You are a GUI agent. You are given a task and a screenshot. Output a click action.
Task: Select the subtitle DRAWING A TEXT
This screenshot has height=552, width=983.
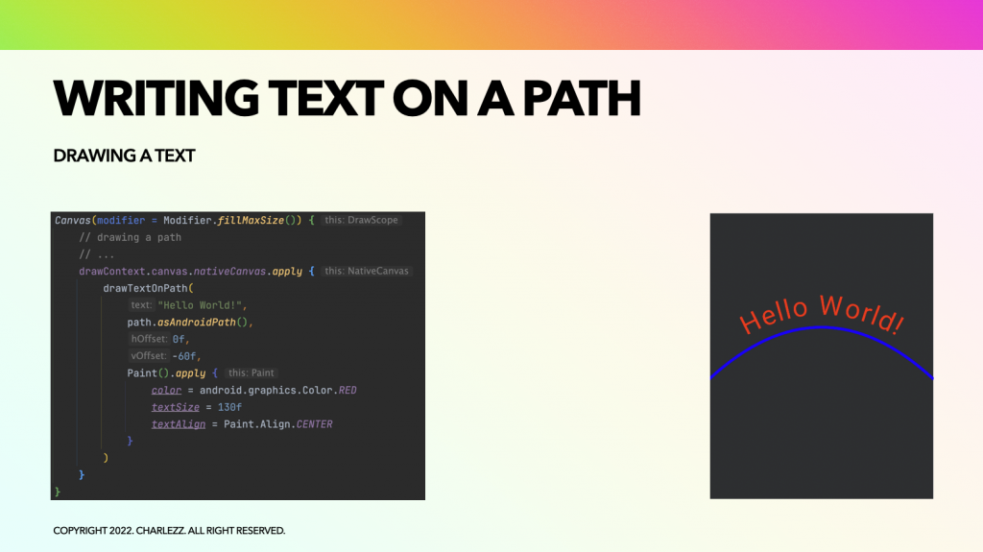[x=124, y=156]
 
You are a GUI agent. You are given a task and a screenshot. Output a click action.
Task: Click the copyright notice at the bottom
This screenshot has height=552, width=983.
[x=169, y=531]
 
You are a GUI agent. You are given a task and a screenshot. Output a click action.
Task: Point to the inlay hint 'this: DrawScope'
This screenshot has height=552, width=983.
[x=361, y=220]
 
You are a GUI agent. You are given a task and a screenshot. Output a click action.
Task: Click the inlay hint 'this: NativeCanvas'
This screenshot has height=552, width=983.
[x=367, y=271]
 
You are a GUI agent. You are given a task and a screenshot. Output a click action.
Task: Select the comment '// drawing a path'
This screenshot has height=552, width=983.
[x=130, y=237]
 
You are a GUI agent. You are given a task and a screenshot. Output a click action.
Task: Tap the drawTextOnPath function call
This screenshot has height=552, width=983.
[x=146, y=289]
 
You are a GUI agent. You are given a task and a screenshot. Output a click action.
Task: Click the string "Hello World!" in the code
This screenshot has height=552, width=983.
[x=200, y=305]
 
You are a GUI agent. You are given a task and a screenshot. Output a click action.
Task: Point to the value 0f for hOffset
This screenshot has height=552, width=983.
[x=179, y=339]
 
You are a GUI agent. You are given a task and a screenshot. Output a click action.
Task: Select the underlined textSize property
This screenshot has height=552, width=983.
[x=175, y=408]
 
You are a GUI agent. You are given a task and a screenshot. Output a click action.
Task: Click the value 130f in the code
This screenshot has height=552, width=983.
[x=229, y=408]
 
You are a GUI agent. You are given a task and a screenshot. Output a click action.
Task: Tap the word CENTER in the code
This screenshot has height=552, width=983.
[x=314, y=424]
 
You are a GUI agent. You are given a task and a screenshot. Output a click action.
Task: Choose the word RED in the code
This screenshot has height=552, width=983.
[x=348, y=390]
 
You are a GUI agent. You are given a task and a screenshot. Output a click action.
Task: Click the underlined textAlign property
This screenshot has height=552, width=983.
[x=178, y=424]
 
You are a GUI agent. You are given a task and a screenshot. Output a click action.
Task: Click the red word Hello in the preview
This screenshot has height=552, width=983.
[x=774, y=315]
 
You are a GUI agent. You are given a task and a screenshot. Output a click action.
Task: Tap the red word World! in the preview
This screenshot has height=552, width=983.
[x=863, y=313]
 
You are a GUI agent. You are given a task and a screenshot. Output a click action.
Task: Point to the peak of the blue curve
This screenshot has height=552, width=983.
[x=822, y=327]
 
